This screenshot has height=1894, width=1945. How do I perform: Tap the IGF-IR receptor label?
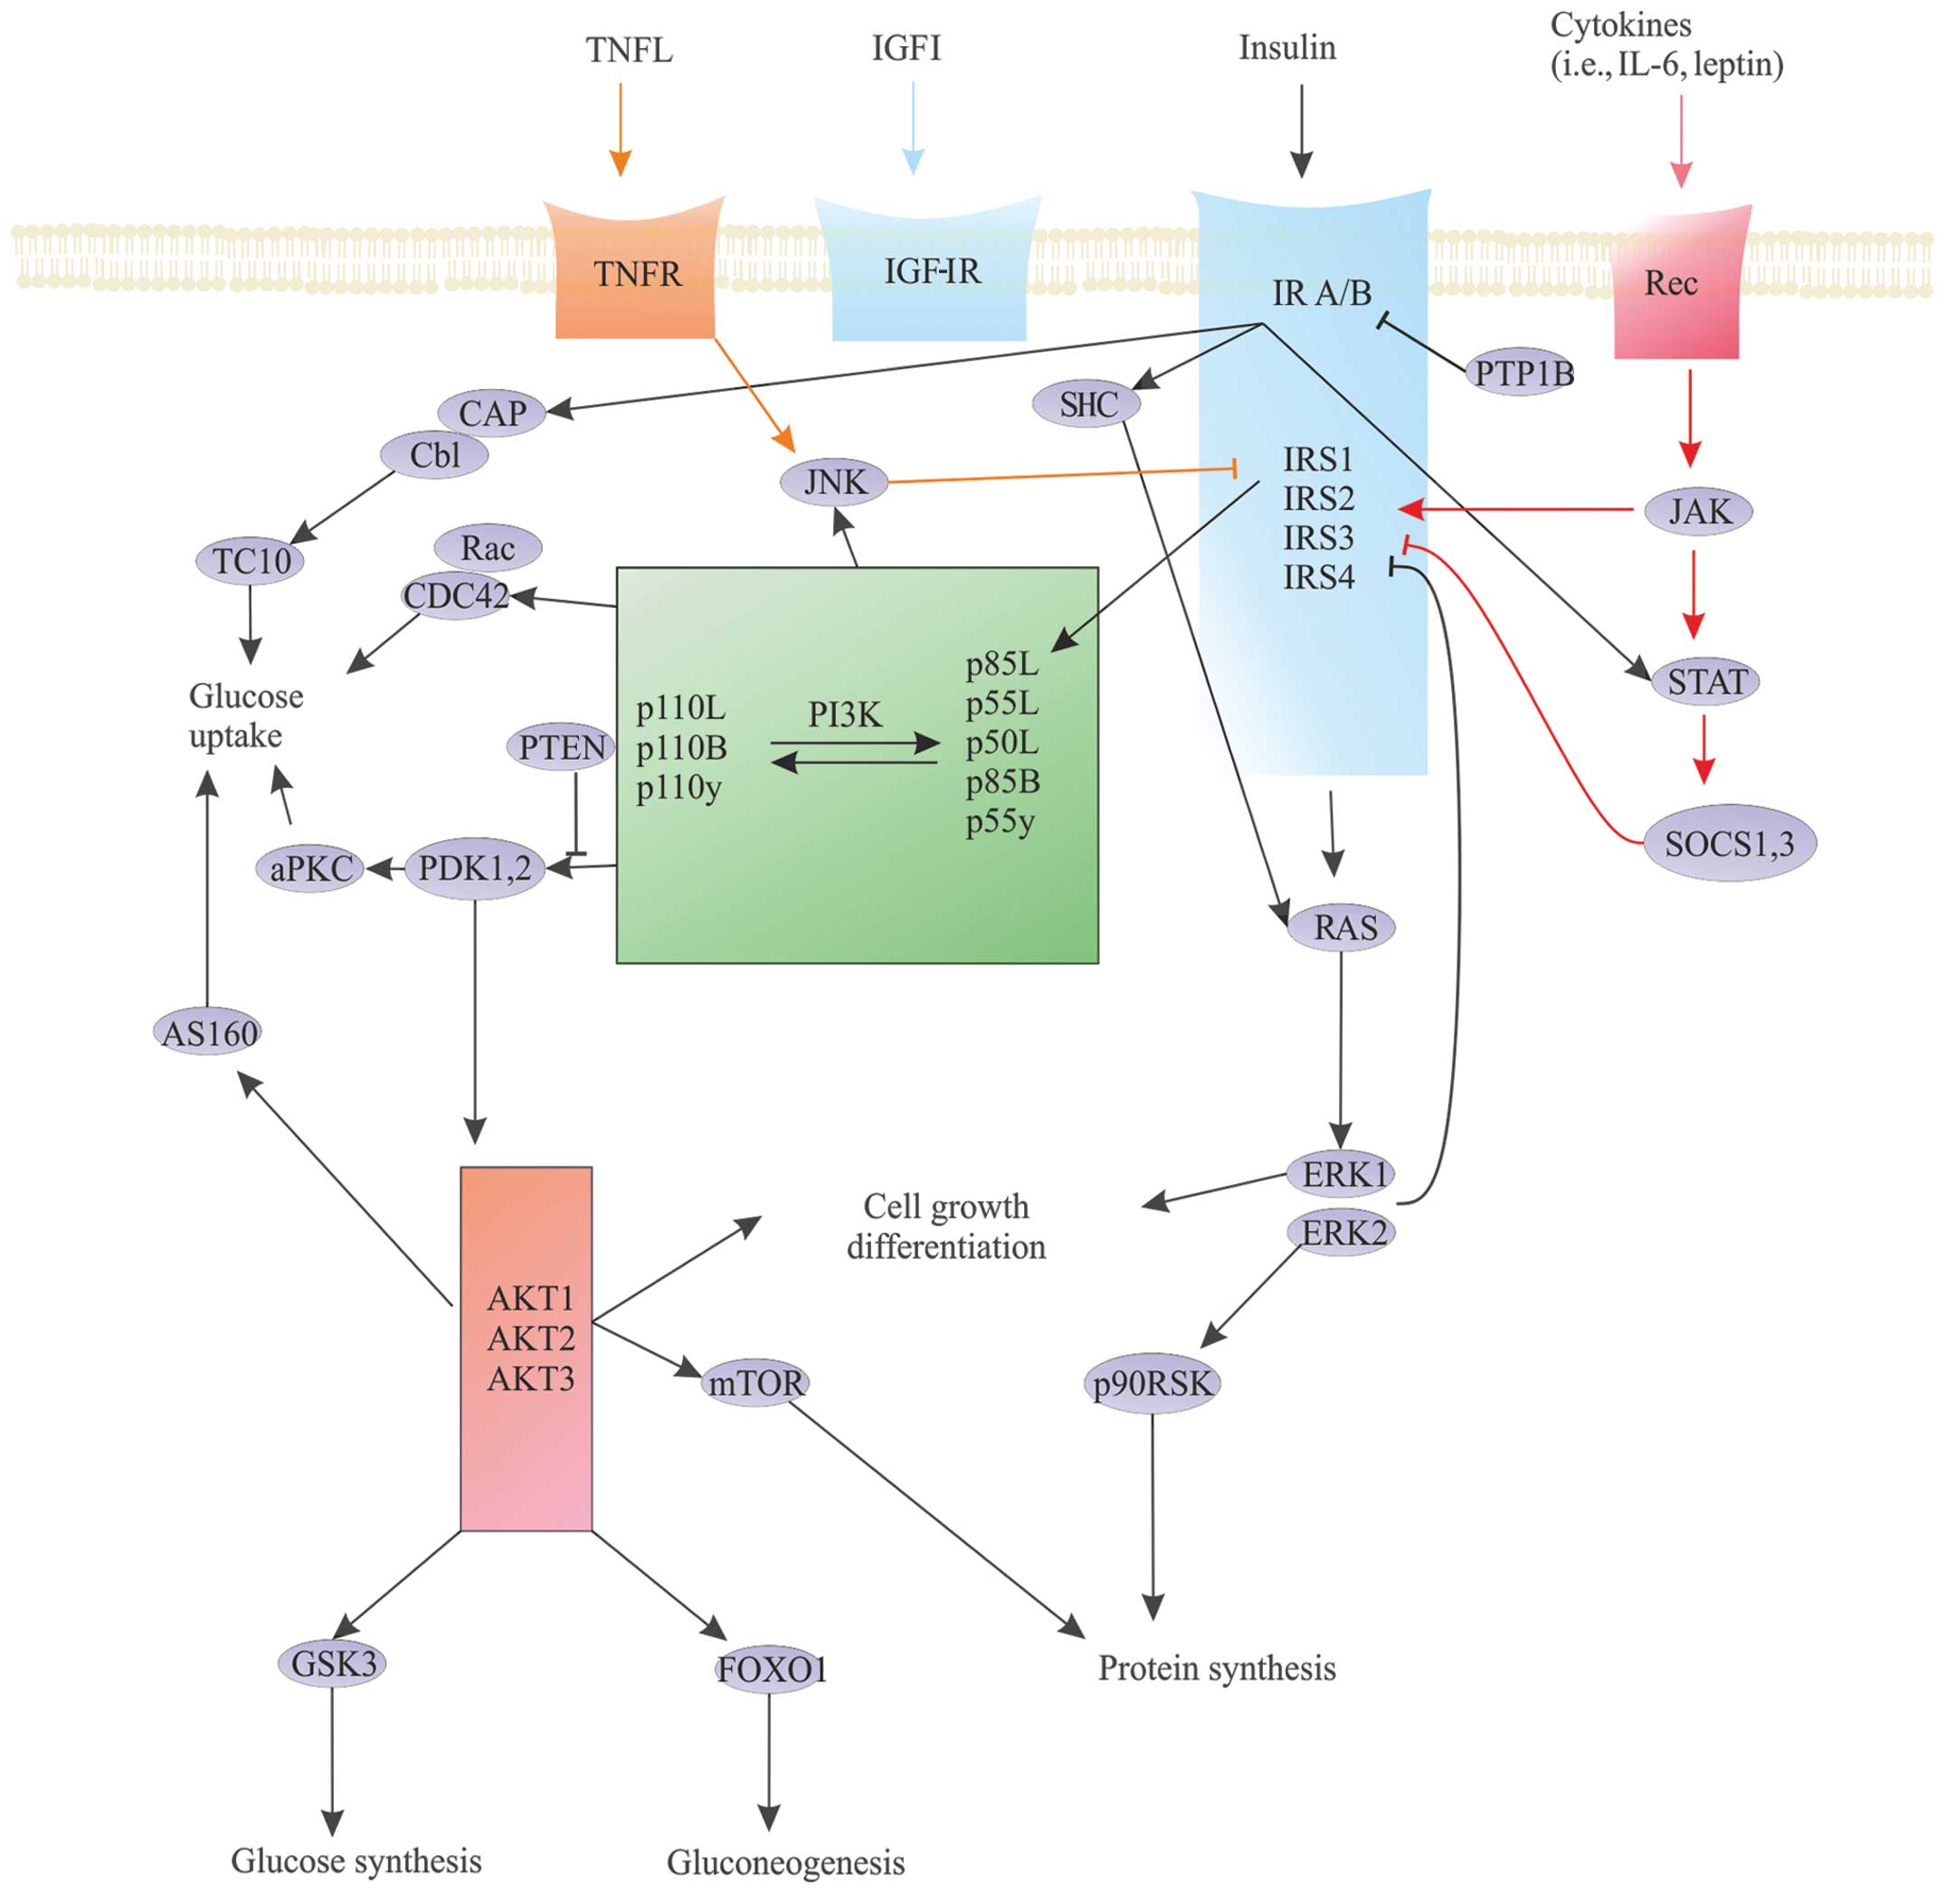(931, 270)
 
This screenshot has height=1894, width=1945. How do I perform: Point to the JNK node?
(834, 482)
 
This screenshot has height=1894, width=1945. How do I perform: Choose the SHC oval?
(1086, 404)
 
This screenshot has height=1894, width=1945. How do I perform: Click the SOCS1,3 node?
(1729, 845)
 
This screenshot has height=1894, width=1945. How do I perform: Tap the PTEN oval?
(562, 747)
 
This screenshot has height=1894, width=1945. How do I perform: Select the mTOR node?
(755, 1383)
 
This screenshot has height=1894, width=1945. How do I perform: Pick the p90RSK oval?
(1151, 1384)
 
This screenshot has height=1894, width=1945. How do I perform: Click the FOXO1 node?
(771, 1669)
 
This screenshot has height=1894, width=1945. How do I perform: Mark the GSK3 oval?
(332, 1663)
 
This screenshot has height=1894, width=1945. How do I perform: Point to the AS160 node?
(209, 1034)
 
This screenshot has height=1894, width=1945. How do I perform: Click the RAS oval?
(1344, 928)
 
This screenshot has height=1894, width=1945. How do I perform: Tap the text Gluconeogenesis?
(785, 1862)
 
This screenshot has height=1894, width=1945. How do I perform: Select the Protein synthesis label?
(1216, 1668)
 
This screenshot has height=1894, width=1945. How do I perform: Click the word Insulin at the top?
(1286, 48)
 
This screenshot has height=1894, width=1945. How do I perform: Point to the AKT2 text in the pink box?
(530, 1339)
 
